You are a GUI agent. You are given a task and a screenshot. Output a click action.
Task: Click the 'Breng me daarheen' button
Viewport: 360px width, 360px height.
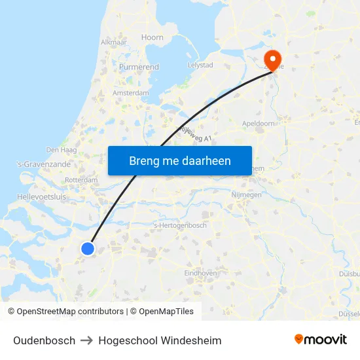click(x=180, y=160)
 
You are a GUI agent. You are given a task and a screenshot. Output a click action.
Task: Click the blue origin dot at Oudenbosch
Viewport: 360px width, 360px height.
click(x=88, y=248)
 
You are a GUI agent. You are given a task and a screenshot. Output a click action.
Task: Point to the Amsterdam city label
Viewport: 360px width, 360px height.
click(x=131, y=94)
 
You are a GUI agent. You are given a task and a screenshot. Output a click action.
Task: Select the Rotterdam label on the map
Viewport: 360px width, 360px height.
click(x=82, y=181)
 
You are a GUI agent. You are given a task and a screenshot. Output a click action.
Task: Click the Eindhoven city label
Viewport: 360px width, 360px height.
click(x=200, y=273)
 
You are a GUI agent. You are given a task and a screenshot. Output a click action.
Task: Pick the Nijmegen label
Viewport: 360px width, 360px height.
click(x=247, y=195)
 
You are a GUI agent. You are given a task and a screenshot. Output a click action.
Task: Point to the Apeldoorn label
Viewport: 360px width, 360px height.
click(x=259, y=123)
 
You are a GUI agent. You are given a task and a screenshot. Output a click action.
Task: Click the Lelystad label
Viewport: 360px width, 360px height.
click(x=200, y=65)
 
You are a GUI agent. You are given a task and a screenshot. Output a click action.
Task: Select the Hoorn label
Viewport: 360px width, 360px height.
click(x=153, y=37)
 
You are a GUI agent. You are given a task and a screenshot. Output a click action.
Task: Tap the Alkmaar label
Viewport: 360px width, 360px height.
click(x=115, y=42)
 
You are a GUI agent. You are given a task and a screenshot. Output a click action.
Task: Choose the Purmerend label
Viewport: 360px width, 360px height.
click(x=139, y=67)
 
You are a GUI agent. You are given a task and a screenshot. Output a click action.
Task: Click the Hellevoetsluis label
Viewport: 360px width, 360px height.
click(x=41, y=196)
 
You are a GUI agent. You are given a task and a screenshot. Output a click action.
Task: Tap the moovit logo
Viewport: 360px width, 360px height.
click(x=320, y=340)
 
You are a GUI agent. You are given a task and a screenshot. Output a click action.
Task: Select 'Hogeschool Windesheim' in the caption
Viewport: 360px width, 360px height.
click(x=160, y=340)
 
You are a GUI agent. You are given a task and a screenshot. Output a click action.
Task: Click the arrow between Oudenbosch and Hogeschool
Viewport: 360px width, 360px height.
click(x=87, y=340)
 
